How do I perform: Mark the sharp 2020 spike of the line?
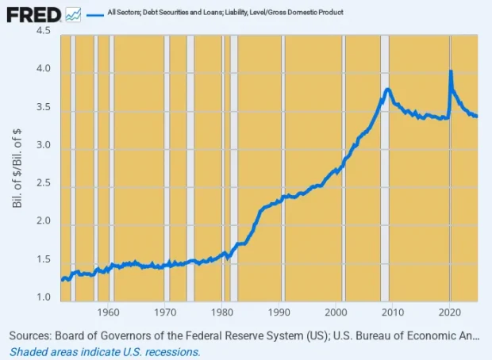click(451, 71)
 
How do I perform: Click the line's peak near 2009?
click(387, 90)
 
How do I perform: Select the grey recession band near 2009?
click(385, 198)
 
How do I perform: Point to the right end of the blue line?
click(476, 116)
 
